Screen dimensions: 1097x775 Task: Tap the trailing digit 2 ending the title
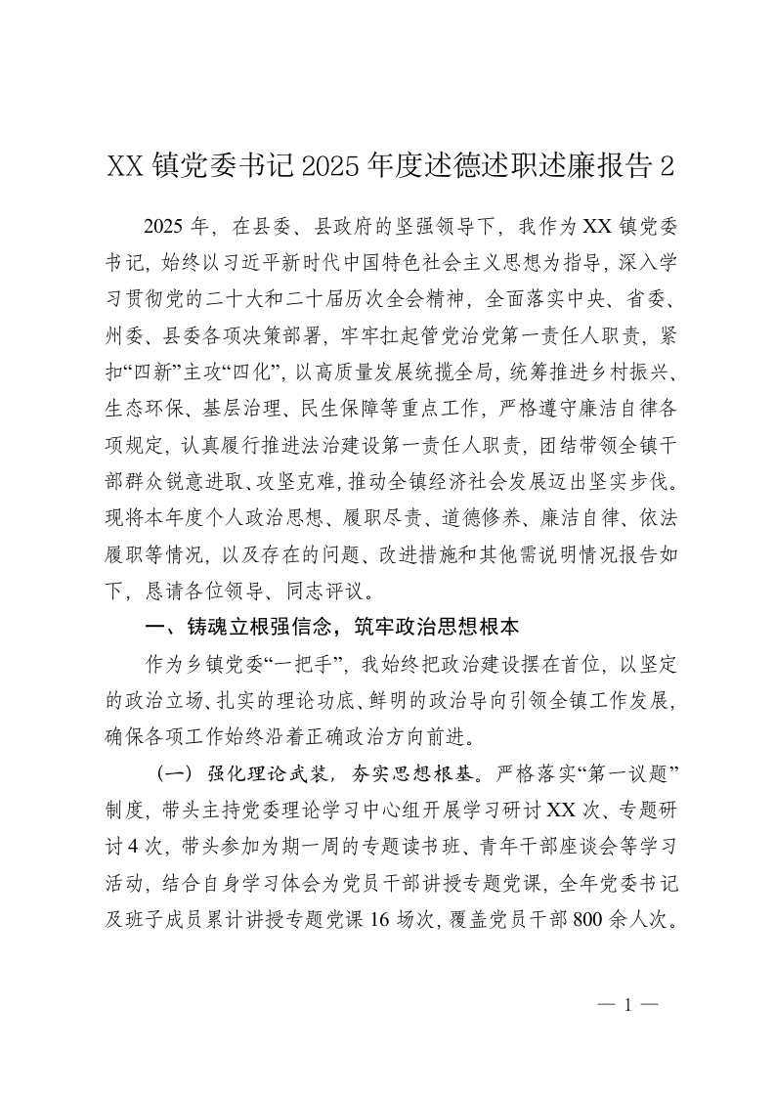[x=667, y=166]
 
